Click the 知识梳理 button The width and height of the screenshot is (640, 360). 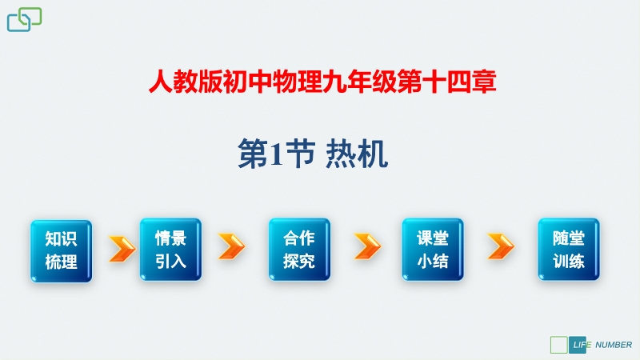(62, 251)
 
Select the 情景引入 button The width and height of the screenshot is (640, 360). (170, 250)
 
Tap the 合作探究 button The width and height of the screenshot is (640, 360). (299, 250)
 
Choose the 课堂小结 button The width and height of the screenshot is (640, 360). (433, 250)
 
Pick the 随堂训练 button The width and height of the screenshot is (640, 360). (569, 250)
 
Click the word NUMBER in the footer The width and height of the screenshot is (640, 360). (614, 345)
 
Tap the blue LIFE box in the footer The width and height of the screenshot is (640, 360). (577, 345)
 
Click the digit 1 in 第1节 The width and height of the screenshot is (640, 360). (276, 155)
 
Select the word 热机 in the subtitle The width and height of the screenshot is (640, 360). (357, 154)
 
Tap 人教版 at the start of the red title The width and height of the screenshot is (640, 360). (186, 82)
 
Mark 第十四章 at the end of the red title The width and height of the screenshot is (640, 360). (446, 82)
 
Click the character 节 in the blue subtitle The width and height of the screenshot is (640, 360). (301, 154)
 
